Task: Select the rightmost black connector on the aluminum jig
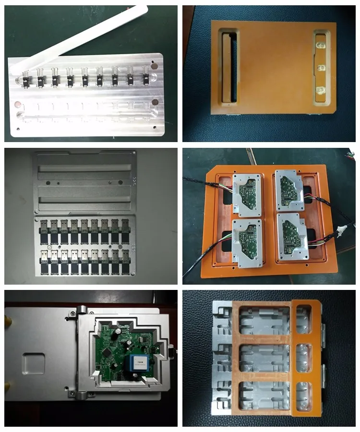(x=145, y=79)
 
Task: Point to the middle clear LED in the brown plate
(x=320, y=67)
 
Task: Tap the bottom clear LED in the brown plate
(x=320, y=90)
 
